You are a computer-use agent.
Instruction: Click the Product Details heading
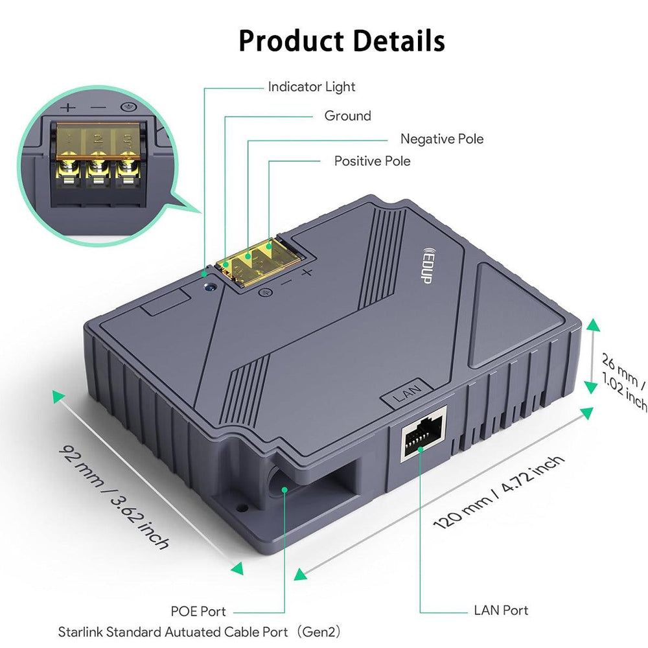tap(341, 40)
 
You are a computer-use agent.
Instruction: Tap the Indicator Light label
tap(312, 86)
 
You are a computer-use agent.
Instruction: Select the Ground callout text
tap(348, 116)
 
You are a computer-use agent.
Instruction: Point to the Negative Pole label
tap(442, 139)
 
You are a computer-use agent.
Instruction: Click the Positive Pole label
tap(372, 161)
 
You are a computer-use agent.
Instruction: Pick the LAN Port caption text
tap(501, 610)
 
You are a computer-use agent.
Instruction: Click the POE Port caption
tap(198, 611)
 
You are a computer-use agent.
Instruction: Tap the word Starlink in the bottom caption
tap(80, 631)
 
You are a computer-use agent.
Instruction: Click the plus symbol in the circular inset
tap(69, 108)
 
